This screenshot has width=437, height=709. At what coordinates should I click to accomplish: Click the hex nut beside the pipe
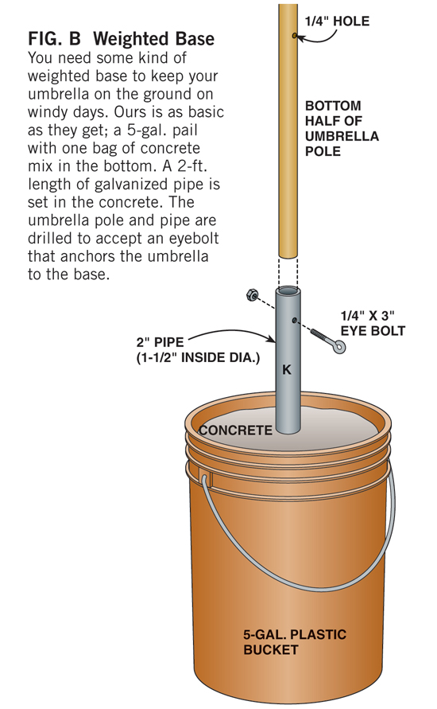pos(252,295)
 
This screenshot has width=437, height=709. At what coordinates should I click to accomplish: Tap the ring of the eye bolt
pos(340,347)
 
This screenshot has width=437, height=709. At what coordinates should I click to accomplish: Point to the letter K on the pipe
pos(287,370)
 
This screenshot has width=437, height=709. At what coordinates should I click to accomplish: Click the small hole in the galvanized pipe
pos(294,320)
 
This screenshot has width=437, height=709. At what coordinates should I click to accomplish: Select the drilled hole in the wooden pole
pos(294,35)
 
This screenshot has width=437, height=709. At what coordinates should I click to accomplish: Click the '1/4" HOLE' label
pos(337,21)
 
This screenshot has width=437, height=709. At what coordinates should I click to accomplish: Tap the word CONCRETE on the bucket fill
pos(236,430)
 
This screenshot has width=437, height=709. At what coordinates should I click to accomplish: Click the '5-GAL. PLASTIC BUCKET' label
pos(295,641)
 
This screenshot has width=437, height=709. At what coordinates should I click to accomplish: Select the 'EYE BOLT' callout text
pos(373,330)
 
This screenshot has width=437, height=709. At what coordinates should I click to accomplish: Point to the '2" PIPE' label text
pos(160,342)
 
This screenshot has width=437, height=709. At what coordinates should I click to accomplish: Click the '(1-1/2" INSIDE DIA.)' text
pos(198,357)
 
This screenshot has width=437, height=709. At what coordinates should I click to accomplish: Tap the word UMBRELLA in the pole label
pos(342,136)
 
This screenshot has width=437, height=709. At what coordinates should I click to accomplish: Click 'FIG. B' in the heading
pos(54,39)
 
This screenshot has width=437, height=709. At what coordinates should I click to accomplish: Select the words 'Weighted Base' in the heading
pos(153,39)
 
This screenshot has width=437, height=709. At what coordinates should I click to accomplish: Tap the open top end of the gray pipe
pos(288,290)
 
